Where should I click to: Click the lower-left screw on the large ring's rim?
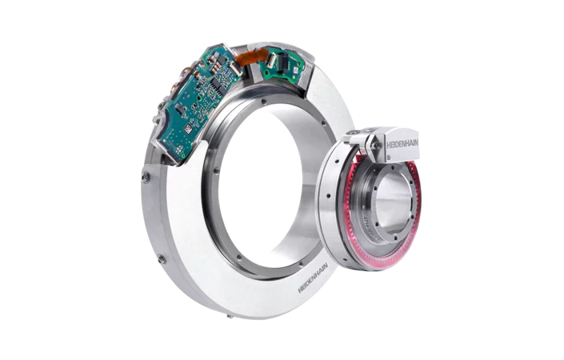click(162, 258)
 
